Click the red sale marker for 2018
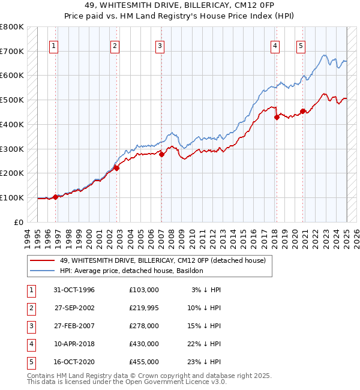tap(277, 117)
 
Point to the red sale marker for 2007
tap(162, 154)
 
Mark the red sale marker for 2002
tap(117, 168)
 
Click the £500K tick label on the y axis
tap(11, 100)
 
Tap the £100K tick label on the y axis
tap(11, 197)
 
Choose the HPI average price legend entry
tap(131, 271)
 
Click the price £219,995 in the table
tap(143, 308)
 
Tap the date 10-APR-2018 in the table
tap(74, 344)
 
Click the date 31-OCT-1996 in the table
tap(74, 290)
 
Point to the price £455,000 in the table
tap(143, 362)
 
